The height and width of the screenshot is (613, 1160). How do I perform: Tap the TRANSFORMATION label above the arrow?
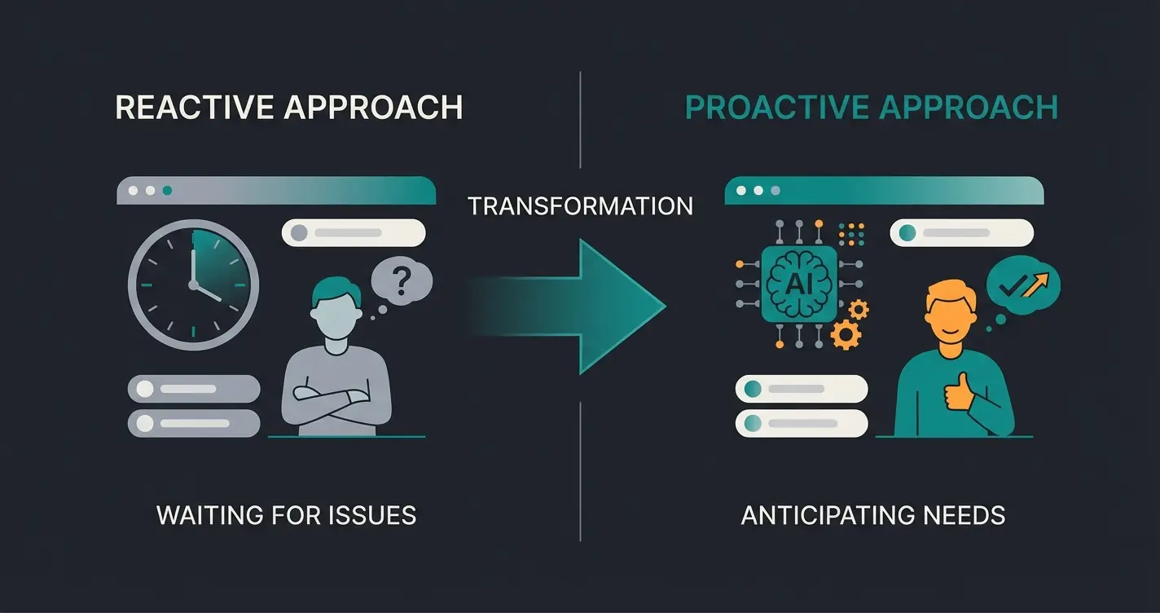(580, 206)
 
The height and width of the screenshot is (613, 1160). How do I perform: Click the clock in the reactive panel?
(193, 284)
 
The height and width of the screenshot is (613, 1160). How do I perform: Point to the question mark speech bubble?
(401, 284)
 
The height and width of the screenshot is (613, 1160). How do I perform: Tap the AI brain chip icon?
(798, 283)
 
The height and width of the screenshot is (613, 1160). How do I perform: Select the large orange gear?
(846, 334)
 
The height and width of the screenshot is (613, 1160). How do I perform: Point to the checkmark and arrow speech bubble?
(1022, 284)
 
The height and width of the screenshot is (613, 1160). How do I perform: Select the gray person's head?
(336, 306)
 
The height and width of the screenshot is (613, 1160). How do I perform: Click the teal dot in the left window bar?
(167, 191)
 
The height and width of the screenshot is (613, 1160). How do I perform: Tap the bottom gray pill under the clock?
(194, 423)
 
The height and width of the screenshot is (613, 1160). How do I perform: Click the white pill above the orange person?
(961, 232)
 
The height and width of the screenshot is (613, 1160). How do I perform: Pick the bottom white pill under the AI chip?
(802, 423)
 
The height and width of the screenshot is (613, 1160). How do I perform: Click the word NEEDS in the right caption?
(964, 515)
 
